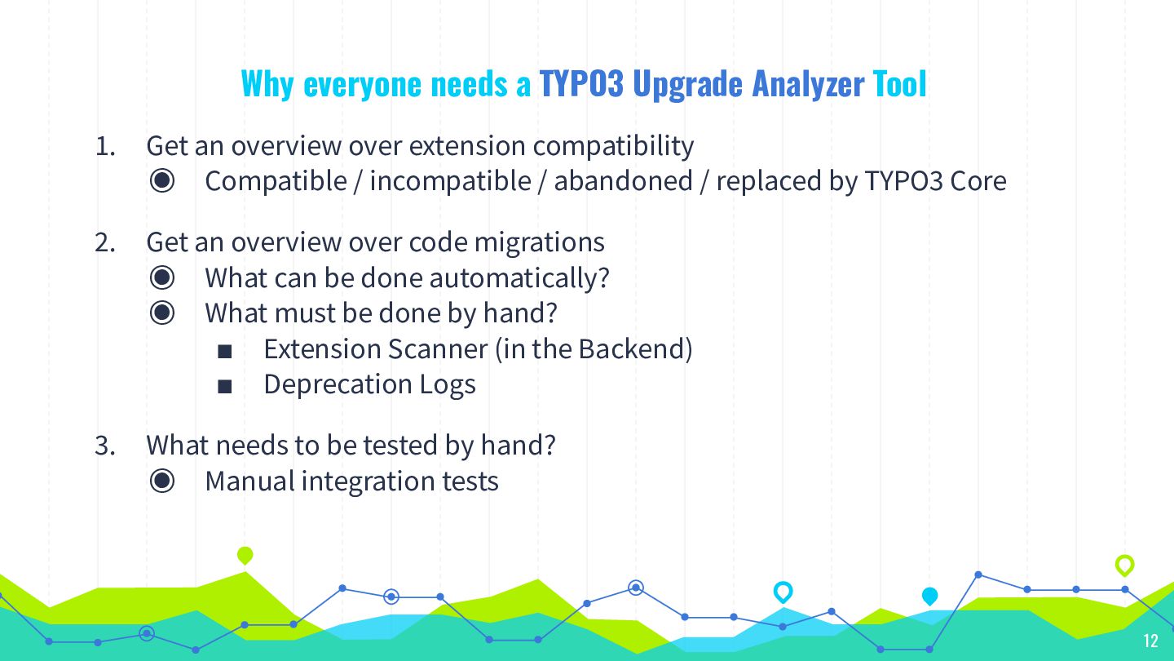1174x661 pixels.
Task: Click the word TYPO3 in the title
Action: point(581,84)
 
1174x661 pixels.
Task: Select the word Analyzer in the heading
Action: point(808,85)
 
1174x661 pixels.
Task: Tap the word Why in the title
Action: point(267,85)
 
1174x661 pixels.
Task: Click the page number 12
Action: point(1150,641)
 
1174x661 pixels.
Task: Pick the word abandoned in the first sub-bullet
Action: point(624,181)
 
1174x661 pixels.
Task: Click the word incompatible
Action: point(451,182)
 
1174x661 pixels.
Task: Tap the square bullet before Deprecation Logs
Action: point(225,387)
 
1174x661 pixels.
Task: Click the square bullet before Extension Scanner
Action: point(225,351)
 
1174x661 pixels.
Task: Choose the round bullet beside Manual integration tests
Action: point(162,481)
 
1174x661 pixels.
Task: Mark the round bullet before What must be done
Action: point(162,313)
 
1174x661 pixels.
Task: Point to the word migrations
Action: point(540,243)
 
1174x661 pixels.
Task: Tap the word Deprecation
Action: point(338,385)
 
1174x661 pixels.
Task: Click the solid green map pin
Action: point(245,556)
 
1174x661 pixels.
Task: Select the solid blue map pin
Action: point(929,597)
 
